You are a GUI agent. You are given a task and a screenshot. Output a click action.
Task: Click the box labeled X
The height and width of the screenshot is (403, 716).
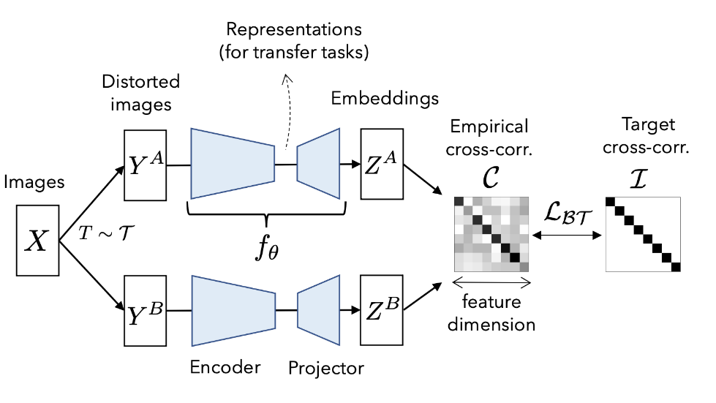(x=37, y=241)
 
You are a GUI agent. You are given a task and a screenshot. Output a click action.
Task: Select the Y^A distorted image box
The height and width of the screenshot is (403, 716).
(x=146, y=165)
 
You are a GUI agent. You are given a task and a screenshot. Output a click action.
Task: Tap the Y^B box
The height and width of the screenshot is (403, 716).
(x=146, y=311)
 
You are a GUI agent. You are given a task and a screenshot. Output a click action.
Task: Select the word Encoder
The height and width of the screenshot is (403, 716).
(x=225, y=366)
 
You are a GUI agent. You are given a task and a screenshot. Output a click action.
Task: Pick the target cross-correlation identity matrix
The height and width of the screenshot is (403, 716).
(x=644, y=234)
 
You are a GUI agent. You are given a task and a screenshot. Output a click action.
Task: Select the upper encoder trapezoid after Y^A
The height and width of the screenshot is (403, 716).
(x=232, y=164)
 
